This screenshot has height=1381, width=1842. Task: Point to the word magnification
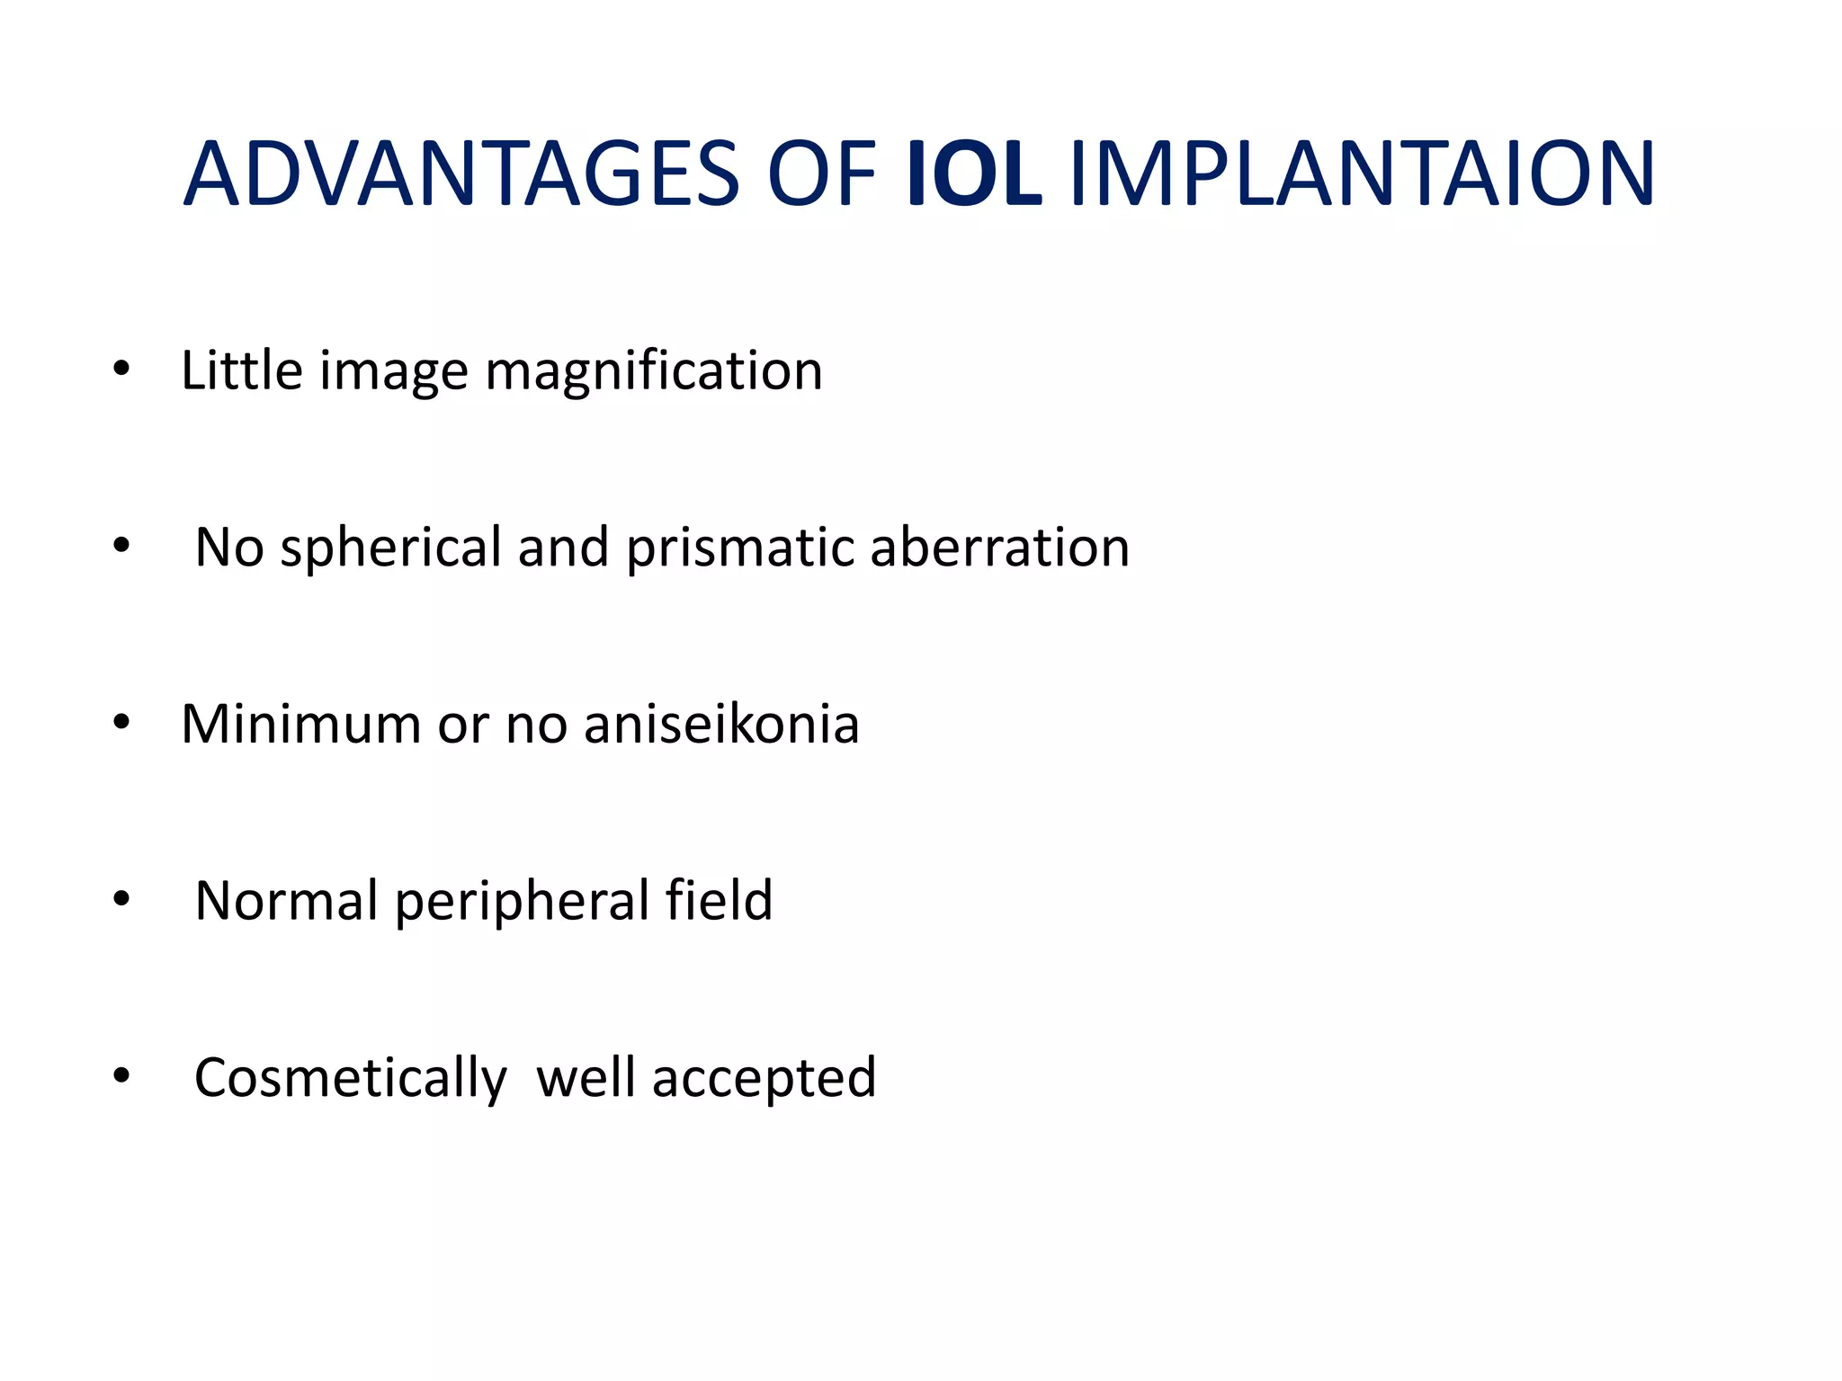(x=654, y=371)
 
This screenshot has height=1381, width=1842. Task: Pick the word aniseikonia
(x=721, y=724)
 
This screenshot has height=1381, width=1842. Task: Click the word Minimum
(x=300, y=724)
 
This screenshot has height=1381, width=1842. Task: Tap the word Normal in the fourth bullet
(x=286, y=901)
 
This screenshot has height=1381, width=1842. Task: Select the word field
(x=719, y=900)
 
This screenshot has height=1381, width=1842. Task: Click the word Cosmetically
(x=351, y=1078)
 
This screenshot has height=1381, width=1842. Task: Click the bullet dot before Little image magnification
(x=121, y=370)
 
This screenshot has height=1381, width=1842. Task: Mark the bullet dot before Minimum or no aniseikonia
(x=121, y=723)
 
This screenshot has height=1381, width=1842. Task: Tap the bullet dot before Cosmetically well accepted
(x=121, y=1076)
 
